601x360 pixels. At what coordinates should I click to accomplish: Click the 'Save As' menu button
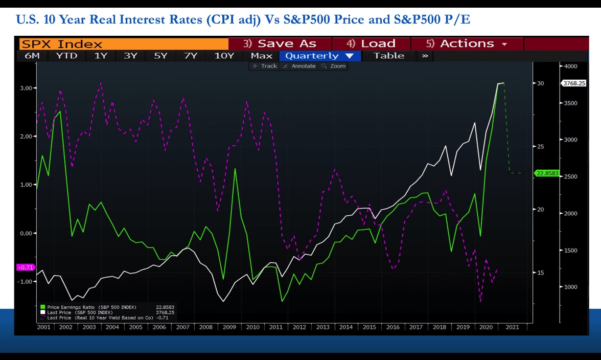click(x=280, y=43)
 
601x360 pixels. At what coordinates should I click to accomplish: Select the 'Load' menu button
click(x=371, y=43)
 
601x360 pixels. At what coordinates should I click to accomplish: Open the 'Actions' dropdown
click(x=467, y=43)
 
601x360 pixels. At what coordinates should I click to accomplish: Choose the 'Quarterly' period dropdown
click(x=320, y=56)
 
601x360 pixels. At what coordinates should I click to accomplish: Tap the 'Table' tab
click(x=388, y=56)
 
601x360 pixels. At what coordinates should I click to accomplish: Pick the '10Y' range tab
click(x=224, y=56)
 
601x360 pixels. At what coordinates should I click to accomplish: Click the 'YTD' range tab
click(x=66, y=56)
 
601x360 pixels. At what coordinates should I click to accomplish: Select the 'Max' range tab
click(x=262, y=56)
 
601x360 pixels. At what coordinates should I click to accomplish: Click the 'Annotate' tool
click(x=299, y=66)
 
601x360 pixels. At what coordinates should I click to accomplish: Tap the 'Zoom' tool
click(x=334, y=66)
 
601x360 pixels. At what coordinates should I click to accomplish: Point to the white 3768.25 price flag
click(x=573, y=83)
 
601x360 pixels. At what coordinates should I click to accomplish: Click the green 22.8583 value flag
click(x=547, y=173)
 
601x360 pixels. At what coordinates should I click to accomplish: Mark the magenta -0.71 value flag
click(x=26, y=267)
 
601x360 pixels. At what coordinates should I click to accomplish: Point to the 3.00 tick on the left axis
click(x=26, y=88)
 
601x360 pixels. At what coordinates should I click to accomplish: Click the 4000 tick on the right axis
click(x=570, y=66)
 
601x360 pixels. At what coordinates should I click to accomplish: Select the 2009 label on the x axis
click(x=229, y=327)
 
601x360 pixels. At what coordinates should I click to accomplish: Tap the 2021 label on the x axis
click(x=512, y=327)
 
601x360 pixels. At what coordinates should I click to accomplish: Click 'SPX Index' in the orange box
click(x=62, y=44)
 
